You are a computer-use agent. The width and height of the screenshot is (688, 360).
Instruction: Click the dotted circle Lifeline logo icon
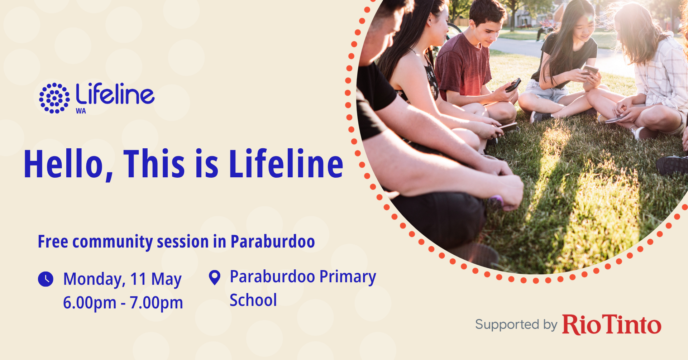coord(54,98)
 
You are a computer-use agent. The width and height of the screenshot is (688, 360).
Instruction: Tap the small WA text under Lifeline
coord(81,111)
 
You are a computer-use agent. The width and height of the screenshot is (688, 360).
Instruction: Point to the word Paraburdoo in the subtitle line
coord(273,241)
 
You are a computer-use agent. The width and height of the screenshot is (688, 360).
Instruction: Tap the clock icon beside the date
coord(46,279)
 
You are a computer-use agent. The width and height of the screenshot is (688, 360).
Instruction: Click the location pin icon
coord(215,278)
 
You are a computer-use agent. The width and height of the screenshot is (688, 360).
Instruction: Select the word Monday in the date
coord(94,279)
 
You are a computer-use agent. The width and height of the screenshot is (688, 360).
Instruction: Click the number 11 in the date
coord(138,279)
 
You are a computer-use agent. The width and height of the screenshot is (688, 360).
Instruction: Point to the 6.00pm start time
coord(90,303)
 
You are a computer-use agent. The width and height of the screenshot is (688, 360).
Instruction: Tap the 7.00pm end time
coord(156,303)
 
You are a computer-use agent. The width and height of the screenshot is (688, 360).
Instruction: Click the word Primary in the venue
coord(348,277)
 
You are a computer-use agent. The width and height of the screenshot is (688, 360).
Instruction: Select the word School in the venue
coord(253,300)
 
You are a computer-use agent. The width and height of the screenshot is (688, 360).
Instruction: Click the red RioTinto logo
coord(612,325)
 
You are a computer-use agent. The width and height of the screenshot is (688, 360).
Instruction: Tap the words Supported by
coord(516,325)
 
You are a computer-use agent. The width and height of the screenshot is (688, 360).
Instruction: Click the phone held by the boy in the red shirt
coord(513,85)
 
